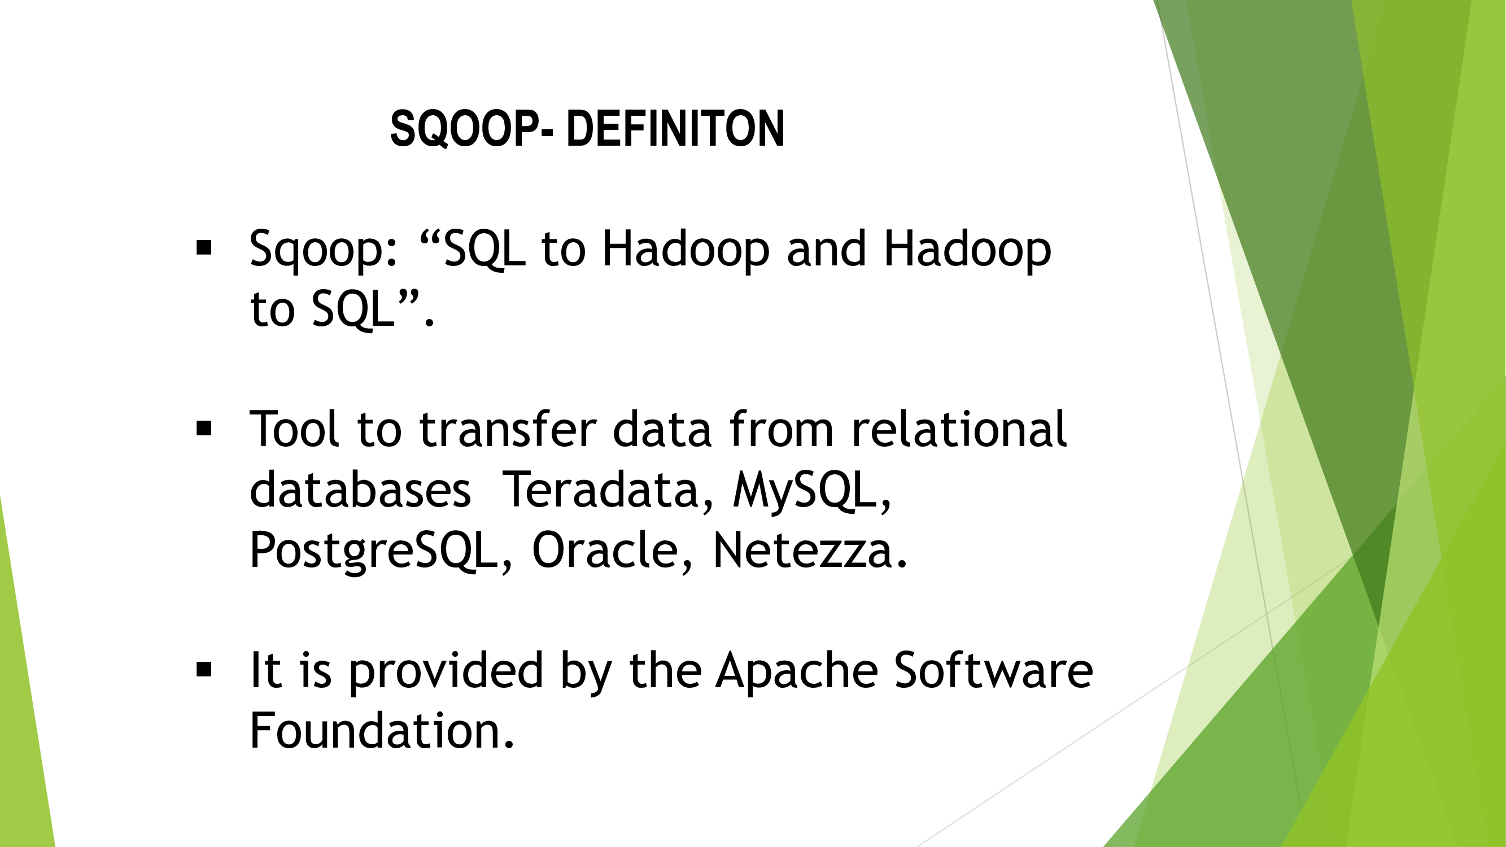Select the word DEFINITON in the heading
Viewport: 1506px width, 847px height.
pyautogui.click(x=675, y=129)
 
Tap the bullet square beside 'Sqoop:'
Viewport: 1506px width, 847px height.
pyautogui.click(x=204, y=248)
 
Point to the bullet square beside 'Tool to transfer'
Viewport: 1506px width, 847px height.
pyautogui.click(x=204, y=429)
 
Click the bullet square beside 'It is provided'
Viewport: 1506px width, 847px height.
pyautogui.click(x=204, y=669)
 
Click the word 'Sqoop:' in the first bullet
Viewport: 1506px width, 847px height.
pyautogui.click(x=324, y=250)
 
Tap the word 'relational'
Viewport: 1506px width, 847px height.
pyautogui.click(x=959, y=429)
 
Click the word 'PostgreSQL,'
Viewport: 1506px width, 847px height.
pyautogui.click(x=381, y=552)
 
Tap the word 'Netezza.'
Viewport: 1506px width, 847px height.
pyautogui.click(x=810, y=549)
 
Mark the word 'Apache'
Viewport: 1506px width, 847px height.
pyautogui.click(x=797, y=671)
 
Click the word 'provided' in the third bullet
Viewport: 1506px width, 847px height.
pyautogui.click(x=446, y=671)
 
